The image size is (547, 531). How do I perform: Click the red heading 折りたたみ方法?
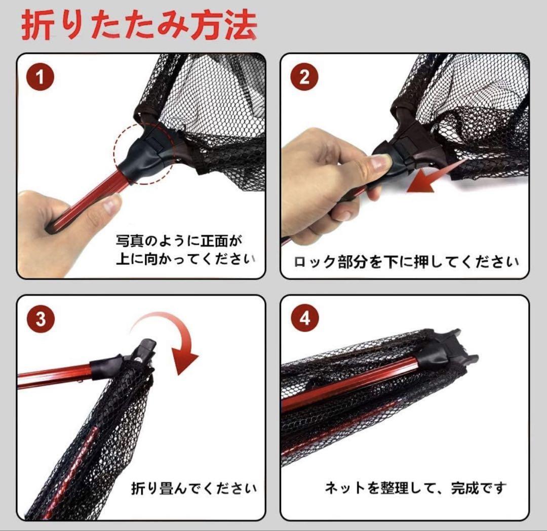[139, 25]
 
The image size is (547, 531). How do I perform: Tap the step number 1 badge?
[41, 77]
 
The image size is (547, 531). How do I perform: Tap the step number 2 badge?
[304, 77]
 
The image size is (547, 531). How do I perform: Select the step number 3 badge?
[41, 319]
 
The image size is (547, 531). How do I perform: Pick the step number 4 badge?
[304, 319]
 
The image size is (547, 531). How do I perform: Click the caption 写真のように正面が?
[179, 240]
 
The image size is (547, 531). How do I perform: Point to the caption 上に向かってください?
[185, 259]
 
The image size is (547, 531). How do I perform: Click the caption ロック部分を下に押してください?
[406, 261]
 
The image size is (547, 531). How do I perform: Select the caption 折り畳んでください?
[193, 488]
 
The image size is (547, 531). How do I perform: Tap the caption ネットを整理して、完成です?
[415, 488]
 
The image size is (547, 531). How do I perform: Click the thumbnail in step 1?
[111, 204]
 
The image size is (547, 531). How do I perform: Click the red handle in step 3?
[56, 376]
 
